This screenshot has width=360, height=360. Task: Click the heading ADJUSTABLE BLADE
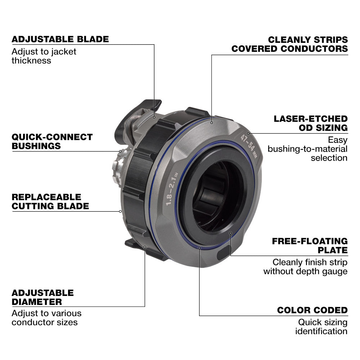pos(60,39)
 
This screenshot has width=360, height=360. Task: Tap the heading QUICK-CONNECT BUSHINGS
pos(52,141)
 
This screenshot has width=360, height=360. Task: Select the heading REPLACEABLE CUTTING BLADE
pos(50,202)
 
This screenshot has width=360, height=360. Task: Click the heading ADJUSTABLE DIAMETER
pos(43,297)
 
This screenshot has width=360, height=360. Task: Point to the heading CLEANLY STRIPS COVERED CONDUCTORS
pos(290,44)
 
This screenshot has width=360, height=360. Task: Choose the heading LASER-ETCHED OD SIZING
pos(311,123)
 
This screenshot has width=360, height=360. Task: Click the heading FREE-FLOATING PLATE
pos(310,246)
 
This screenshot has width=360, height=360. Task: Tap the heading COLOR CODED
pos(312,310)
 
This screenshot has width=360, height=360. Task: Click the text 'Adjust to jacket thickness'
pos(44,56)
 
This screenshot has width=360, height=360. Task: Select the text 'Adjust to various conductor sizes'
pos(46,318)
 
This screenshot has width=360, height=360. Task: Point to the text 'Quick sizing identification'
pos(321,327)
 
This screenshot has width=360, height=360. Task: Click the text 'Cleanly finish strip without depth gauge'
pos(306,267)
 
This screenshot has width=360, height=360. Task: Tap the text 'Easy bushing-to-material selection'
pos(308,149)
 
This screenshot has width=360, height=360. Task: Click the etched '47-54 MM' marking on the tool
pos(248,146)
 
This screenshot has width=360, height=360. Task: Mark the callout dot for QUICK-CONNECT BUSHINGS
pos(120,151)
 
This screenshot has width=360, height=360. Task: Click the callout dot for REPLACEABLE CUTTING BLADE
pos(120,211)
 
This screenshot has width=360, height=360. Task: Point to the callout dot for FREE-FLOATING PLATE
pos(230,233)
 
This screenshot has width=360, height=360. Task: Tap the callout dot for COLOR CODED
pos(199,248)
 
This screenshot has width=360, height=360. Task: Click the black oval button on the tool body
pos(224,253)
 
